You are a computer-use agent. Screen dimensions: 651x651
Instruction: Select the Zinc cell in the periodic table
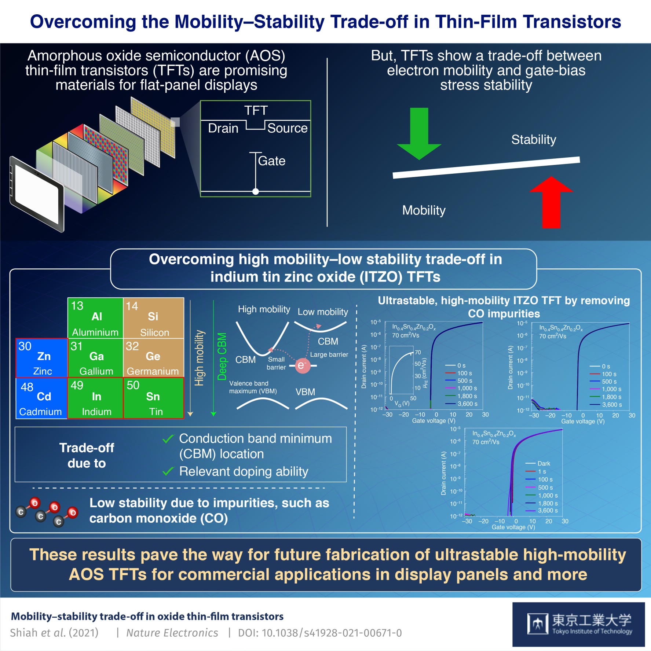42,358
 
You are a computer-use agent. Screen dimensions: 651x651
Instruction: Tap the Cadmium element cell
41,398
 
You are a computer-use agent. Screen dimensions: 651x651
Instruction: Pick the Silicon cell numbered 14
153,318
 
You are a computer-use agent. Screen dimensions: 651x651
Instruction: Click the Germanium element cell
153,358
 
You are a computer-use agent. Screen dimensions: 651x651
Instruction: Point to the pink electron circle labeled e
302,365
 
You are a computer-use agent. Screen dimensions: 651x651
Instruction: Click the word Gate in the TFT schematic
271,161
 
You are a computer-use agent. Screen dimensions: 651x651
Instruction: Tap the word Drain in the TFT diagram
223,128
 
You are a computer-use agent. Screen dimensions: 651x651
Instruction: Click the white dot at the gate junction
256,191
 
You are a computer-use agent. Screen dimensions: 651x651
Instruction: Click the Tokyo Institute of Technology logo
579,624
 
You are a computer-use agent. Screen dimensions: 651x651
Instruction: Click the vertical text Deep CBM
222,356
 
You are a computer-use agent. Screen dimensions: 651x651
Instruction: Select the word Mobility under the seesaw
424,210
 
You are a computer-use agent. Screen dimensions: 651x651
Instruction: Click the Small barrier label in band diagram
276,363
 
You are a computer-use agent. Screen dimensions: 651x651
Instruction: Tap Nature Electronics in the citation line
172,633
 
